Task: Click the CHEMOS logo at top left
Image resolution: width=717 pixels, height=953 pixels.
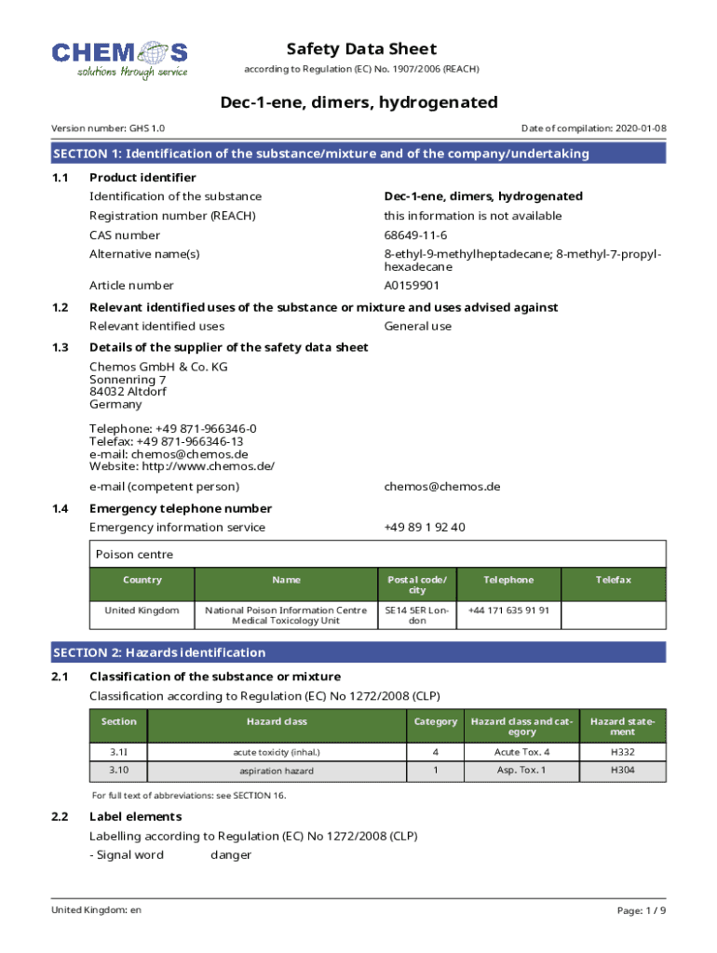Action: point(119,59)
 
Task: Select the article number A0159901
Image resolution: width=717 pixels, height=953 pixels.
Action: point(412,286)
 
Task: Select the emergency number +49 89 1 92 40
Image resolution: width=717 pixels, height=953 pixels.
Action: point(425,528)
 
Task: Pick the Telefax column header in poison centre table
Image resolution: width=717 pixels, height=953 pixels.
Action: point(614,580)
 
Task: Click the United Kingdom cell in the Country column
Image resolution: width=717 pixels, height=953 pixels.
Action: point(142,611)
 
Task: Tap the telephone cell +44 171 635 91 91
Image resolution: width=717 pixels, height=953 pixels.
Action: point(508,611)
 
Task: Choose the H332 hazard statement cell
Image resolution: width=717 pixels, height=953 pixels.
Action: point(622,752)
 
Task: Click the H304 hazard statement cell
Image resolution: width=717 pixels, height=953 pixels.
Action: point(622,771)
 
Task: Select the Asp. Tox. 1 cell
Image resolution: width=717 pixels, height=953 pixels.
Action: point(521,771)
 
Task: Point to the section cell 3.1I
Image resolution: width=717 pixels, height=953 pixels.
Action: point(118,752)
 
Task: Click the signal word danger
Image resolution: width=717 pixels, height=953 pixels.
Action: point(231,855)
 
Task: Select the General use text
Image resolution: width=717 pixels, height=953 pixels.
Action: point(418,327)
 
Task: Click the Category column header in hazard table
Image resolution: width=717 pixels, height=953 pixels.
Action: point(435,721)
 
